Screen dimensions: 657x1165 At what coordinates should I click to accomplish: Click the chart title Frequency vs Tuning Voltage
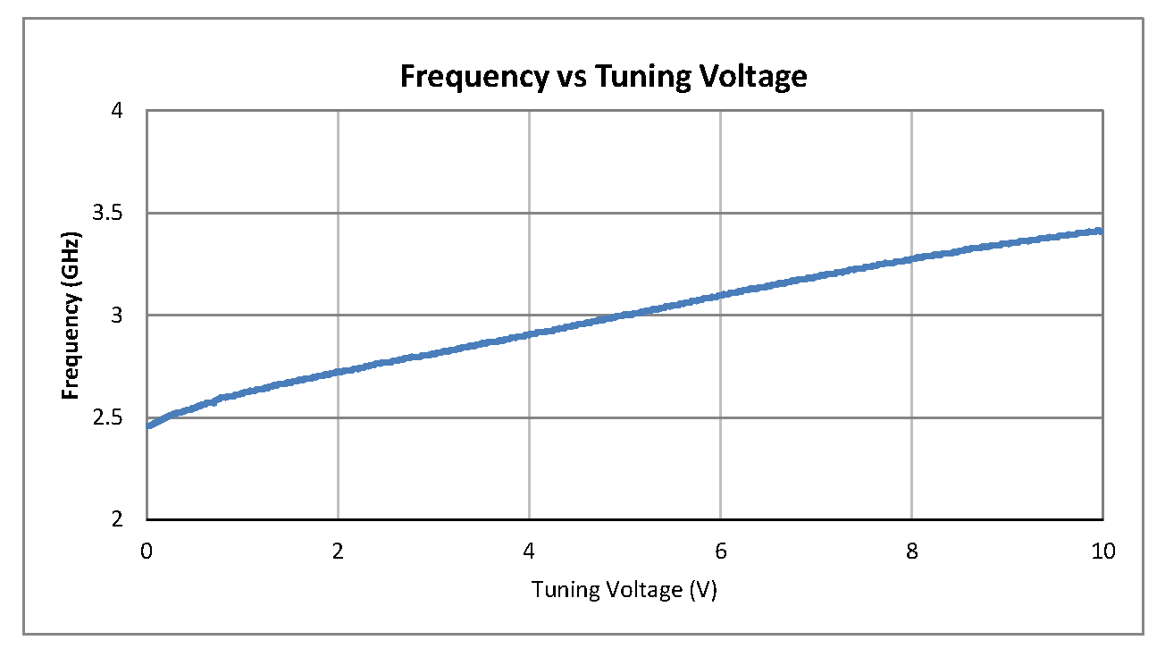point(603,77)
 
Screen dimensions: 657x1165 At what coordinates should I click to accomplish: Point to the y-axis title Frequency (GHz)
point(71,316)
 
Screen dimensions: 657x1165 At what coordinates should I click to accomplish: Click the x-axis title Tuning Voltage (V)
point(624,591)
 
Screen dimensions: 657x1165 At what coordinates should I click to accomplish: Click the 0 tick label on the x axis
point(147,552)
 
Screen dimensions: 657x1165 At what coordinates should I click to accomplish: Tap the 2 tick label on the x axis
point(339,552)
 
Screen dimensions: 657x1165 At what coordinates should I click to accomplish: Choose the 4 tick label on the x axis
point(530,552)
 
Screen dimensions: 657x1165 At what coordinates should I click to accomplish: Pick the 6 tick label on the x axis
point(721,552)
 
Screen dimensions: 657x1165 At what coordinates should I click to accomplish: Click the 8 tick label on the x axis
point(912,552)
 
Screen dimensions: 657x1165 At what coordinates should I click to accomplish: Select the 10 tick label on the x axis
point(1103,552)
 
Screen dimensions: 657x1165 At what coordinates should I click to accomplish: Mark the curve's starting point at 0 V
point(148,425)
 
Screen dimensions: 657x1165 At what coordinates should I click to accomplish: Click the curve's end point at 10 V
point(1102,231)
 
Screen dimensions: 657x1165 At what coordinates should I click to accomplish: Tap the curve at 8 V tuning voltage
point(912,258)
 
